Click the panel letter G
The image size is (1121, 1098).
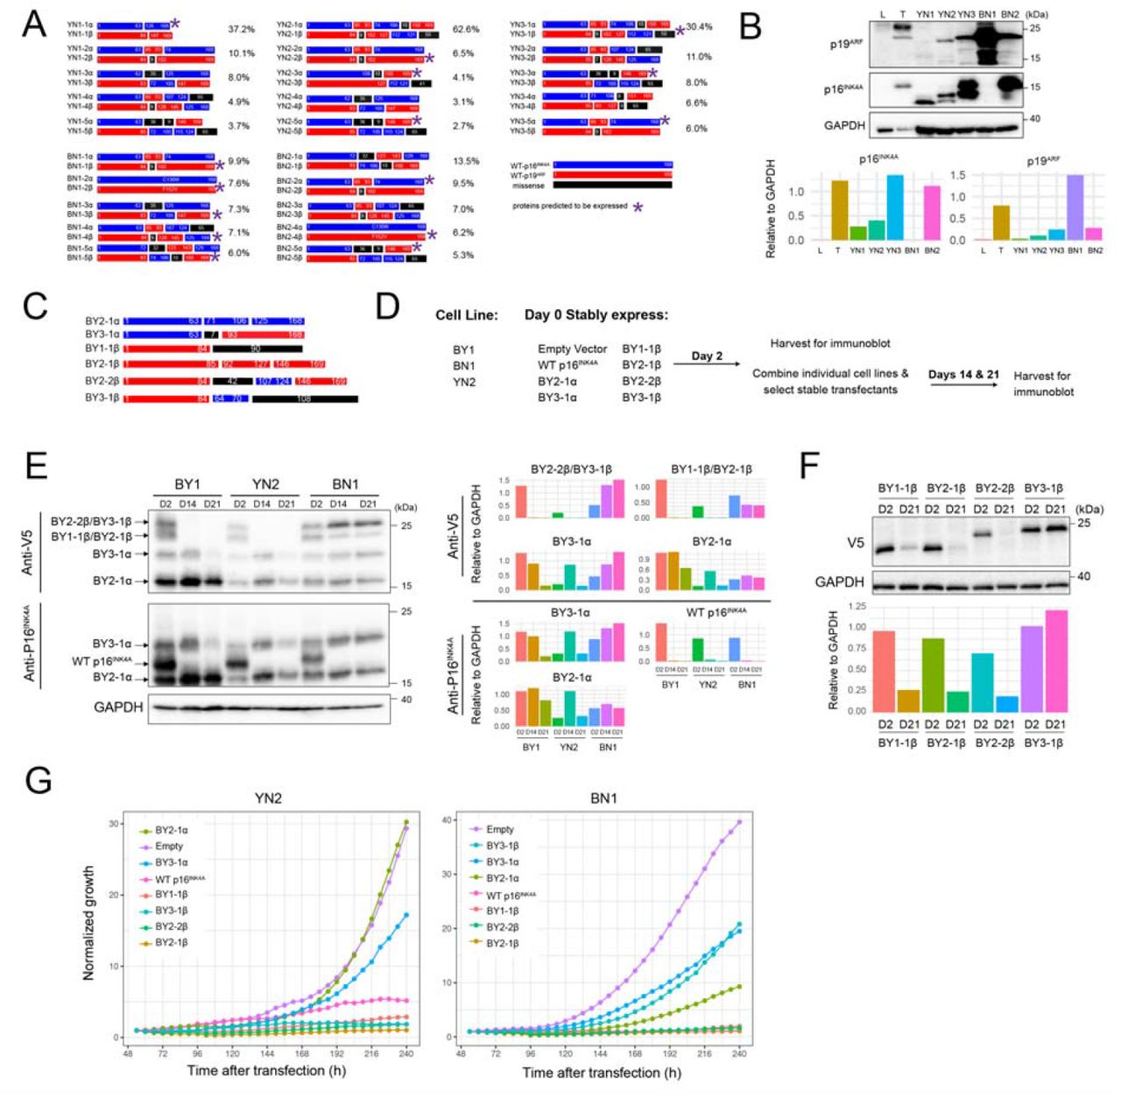coord(39,778)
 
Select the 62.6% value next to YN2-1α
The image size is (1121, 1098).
coord(465,30)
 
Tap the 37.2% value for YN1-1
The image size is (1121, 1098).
coord(241,30)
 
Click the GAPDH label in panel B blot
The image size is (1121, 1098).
coord(844,125)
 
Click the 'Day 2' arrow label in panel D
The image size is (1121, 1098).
coord(707,356)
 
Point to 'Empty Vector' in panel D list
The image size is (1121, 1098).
coord(572,349)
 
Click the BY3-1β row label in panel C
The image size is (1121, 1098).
coord(102,398)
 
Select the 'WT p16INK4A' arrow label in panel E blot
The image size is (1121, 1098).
coord(102,660)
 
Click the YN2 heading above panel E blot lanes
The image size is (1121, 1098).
coord(264,484)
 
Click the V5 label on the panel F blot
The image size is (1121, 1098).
coord(855,543)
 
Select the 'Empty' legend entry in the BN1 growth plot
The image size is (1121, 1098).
coord(500,829)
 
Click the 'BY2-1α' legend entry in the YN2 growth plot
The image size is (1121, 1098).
coord(171,830)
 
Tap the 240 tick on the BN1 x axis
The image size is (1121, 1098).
coord(739,1054)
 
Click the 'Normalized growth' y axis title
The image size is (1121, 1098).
coord(88,923)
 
